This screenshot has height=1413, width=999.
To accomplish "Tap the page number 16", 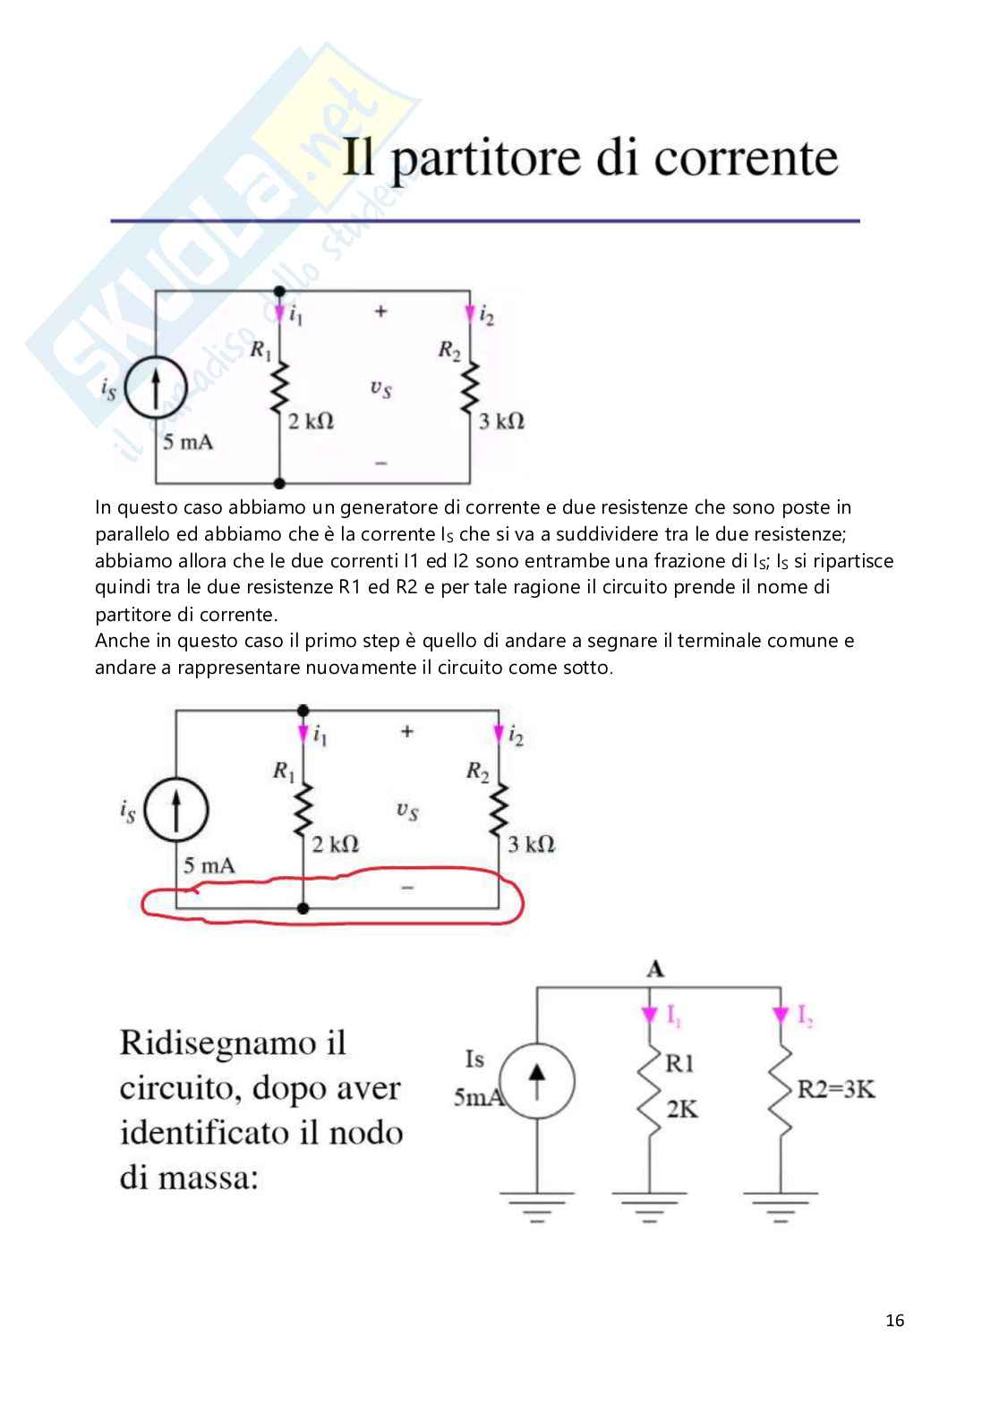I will coord(894,1320).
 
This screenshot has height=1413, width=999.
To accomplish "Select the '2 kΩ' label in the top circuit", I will coord(311,421).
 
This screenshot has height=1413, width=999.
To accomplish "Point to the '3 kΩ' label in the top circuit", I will coord(501,421).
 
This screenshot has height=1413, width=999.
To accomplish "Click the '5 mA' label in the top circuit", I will coord(188,442).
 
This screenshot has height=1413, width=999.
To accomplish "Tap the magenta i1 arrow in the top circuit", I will coord(279,313).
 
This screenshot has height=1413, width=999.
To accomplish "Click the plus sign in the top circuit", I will coord(380,311).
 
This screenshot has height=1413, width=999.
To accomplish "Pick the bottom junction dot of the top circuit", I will coord(279,483).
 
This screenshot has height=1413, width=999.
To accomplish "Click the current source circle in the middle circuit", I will coord(176,810).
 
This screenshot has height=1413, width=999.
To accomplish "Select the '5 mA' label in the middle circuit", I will coord(209,865).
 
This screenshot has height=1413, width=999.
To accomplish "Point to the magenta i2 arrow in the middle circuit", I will coord(499,735).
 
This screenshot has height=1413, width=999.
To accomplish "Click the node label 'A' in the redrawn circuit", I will coord(655,969).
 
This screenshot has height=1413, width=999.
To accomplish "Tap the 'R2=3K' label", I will coord(835,1089).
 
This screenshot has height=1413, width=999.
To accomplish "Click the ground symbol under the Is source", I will coord(537,1204).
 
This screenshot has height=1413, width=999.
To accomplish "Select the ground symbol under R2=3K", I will coord(781,1204).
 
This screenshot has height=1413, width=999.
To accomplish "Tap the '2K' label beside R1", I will coord(681,1110).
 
